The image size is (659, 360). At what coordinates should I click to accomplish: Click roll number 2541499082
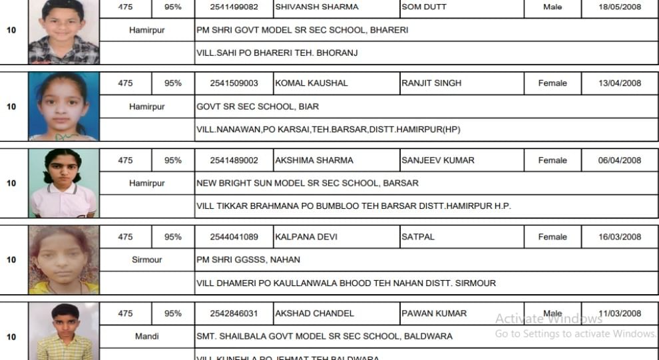coord(233,7)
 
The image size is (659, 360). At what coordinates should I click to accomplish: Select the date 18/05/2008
coord(619,7)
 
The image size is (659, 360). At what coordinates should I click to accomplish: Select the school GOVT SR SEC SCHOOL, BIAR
coord(258,106)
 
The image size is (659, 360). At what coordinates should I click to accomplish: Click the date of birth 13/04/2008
coord(619,83)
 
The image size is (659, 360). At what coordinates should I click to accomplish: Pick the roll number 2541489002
coord(233,160)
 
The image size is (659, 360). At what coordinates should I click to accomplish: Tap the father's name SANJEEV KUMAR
coord(438,160)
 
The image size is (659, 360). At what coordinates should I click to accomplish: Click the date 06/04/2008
coord(619,160)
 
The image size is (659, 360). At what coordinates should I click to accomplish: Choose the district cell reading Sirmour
coord(146,260)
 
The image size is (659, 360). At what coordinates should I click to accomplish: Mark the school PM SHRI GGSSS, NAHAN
coord(248,260)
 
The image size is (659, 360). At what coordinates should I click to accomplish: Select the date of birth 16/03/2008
coord(619,237)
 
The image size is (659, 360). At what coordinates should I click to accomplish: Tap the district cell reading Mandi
coord(146,337)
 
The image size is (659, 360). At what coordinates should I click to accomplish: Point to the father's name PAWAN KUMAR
coord(434,313)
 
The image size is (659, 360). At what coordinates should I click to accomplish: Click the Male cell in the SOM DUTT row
coord(552,7)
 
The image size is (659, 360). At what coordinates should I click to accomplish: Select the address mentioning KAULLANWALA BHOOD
coord(346,283)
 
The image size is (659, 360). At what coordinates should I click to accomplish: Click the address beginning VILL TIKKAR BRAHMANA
coord(353,206)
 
